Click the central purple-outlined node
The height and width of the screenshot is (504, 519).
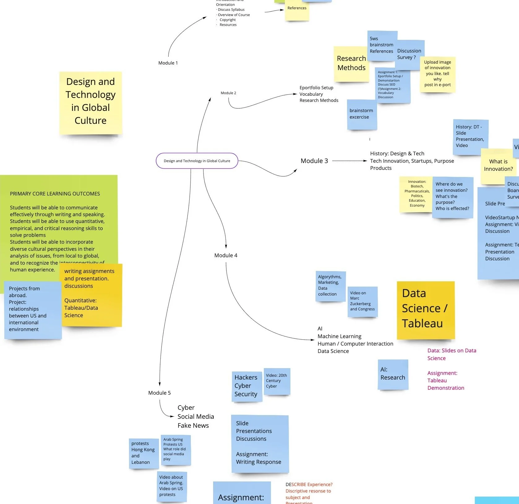click(197, 161)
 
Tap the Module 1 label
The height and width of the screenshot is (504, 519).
click(168, 63)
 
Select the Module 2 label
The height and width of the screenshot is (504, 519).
click(228, 93)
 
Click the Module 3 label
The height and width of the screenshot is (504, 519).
click(314, 161)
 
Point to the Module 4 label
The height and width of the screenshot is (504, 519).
click(226, 255)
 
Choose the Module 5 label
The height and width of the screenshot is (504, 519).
click(159, 393)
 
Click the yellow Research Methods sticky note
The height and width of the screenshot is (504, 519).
click(351, 64)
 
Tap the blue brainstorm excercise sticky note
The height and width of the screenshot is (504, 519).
click(361, 114)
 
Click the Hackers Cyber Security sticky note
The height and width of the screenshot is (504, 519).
click(246, 386)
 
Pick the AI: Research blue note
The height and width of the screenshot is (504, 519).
click(393, 374)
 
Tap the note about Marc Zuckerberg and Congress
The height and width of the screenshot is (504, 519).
click(362, 301)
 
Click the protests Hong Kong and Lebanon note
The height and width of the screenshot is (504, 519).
click(143, 453)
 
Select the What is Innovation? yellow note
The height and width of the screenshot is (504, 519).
click(498, 166)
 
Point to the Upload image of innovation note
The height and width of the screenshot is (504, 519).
click(437, 74)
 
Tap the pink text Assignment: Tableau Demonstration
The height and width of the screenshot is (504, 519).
click(445, 380)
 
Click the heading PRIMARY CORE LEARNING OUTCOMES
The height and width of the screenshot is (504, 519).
click(55, 194)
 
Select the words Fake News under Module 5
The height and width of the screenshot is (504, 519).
click(193, 426)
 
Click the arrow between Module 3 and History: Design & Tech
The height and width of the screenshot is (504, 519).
click(349, 161)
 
